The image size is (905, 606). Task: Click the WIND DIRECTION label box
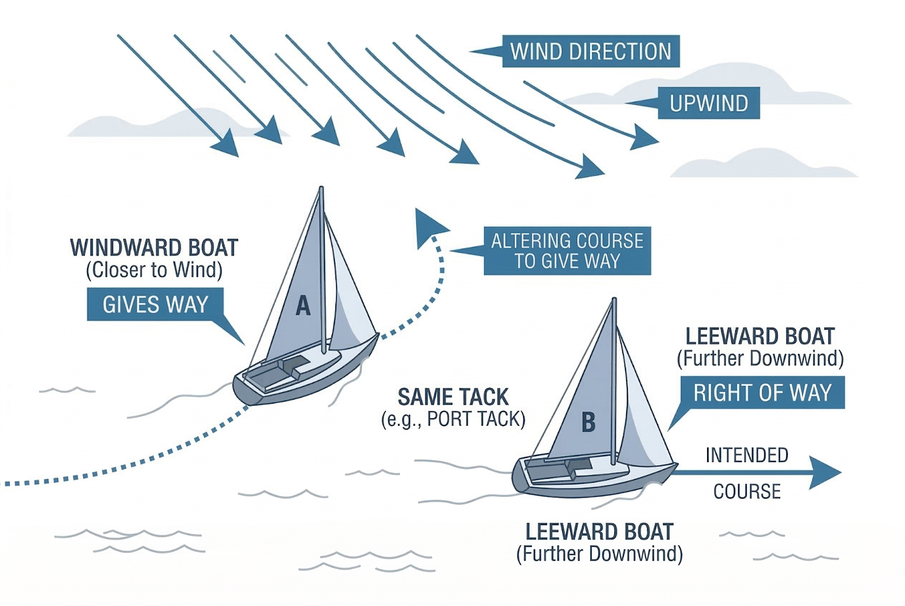tap(591, 51)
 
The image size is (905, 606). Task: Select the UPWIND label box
tap(708, 103)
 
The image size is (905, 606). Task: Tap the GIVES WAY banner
tap(155, 304)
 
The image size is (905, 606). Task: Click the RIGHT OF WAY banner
tap(762, 392)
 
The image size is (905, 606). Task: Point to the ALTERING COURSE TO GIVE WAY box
tap(567, 251)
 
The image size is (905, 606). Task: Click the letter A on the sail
tap(303, 306)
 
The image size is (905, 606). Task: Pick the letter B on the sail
tap(588, 422)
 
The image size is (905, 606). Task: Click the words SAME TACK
tap(453, 397)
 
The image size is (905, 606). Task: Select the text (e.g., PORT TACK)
tap(453, 419)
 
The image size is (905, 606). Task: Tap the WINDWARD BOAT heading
tap(154, 248)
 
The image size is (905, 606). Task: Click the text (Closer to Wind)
tap(154, 270)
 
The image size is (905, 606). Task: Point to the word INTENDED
tap(747, 455)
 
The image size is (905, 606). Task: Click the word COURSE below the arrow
tap(747, 492)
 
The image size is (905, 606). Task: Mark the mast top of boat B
tap(614, 301)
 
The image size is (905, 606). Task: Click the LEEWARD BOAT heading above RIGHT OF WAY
tap(760, 336)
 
